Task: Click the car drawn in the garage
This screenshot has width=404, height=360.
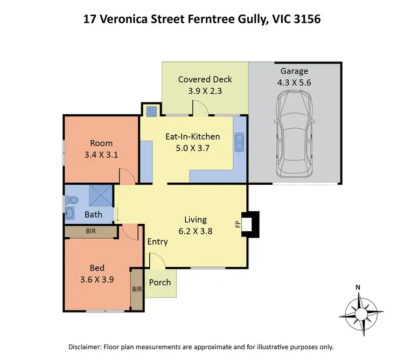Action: pyautogui.click(x=294, y=134)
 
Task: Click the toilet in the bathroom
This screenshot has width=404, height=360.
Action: pyautogui.click(x=72, y=200)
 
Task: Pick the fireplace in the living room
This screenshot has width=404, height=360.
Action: pyautogui.click(x=250, y=223)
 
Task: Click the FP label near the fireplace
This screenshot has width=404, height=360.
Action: pyautogui.click(x=237, y=223)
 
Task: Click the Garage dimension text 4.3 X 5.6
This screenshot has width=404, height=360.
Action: pyautogui.click(x=294, y=82)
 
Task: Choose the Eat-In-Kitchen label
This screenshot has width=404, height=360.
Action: pyautogui.click(x=191, y=136)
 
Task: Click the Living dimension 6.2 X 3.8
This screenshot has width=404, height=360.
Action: pyautogui.click(x=195, y=231)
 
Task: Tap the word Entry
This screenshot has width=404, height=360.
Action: pyautogui.click(x=158, y=241)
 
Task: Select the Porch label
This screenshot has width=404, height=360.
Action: pyautogui.click(x=160, y=282)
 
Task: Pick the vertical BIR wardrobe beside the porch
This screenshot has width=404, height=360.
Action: pyautogui.click(x=137, y=289)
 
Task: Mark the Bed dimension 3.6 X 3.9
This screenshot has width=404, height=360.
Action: pyautogui.click(x=97, y=279)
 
